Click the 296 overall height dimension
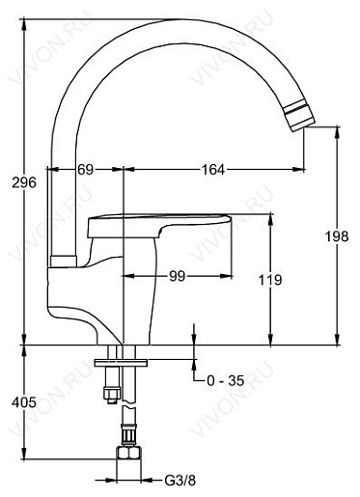[24, 182]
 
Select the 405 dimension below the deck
[24, 402]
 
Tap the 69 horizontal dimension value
[85, 169]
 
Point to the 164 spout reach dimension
[213, 169]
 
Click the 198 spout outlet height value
[337, 236]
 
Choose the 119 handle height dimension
[270, 280]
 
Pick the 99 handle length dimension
[178, 276]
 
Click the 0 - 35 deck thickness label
[225, 381]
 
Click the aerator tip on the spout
[299, 116]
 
